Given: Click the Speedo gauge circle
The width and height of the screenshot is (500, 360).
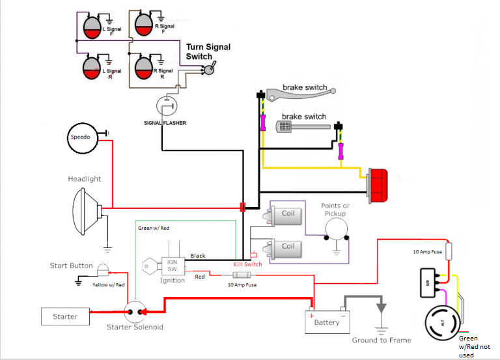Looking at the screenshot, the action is pyautogui.click(x=83, y=138).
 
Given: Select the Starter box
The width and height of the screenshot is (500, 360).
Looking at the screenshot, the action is pyautogui.click(x=65, y=316).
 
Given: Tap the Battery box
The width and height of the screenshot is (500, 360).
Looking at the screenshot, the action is pyautogui.click(x=327, y=322).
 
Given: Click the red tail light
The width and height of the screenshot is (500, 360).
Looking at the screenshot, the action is pyautogui.click(x=378, y=186).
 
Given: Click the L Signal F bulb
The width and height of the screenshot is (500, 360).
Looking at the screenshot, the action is pyautogui.click(x=92, y=27).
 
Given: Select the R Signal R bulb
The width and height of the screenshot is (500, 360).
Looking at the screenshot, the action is pyautogui.click(x=144, y=68).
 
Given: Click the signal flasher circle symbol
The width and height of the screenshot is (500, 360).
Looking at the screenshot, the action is pyautogui.click(x=167, y=106).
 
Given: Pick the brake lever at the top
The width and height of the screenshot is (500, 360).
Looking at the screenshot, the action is pyautogui.click(x=301, y=94).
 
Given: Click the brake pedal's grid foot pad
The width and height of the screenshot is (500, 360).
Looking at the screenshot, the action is pyautogui.click(x=284, y=126).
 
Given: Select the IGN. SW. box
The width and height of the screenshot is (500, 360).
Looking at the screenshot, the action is pyautogui.click(x=173, y=266).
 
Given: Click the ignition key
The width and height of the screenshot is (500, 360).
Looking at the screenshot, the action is pyautogui.click(x=152, y=266).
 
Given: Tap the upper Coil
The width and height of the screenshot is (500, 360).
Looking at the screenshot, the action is pyautogui.click(x=283, y=215).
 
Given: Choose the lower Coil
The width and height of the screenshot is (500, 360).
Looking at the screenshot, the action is pyautogui.click(x=283, y=249).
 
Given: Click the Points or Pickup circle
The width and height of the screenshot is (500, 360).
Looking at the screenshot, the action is pyautogui.click(x=337, y=229).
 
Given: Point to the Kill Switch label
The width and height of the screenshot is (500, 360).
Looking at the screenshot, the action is pyautogui.click(x=247, y=264).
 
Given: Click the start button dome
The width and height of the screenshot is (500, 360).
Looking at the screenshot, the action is pyautogui.click(x=103, y=270).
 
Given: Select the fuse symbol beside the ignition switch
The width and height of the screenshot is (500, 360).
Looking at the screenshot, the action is pyautogui.click(x=242, y=275).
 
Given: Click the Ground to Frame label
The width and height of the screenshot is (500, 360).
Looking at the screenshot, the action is pyautogui.click(x=382, y=340).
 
